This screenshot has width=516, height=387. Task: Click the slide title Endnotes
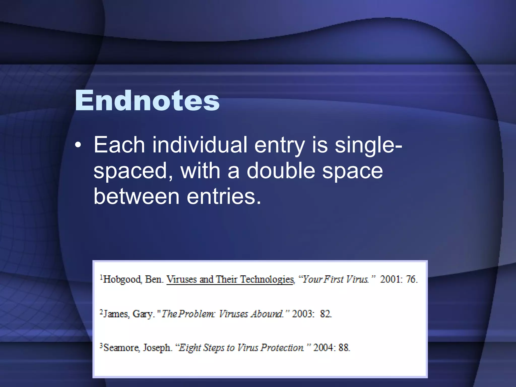[147, 101]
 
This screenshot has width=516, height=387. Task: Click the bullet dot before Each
[78, 146]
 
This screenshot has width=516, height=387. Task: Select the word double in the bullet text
[281, 171]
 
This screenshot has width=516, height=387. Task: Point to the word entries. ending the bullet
[224, 197]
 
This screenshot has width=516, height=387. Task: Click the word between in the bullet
[136, 197]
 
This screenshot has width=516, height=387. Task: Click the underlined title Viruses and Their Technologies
[230, 279]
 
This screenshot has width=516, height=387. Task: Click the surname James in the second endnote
[116, 314]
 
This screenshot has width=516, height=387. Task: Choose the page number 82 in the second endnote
[326, 314]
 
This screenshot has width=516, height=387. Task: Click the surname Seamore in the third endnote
[121, 348]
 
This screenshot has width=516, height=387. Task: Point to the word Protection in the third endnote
[282, 348]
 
